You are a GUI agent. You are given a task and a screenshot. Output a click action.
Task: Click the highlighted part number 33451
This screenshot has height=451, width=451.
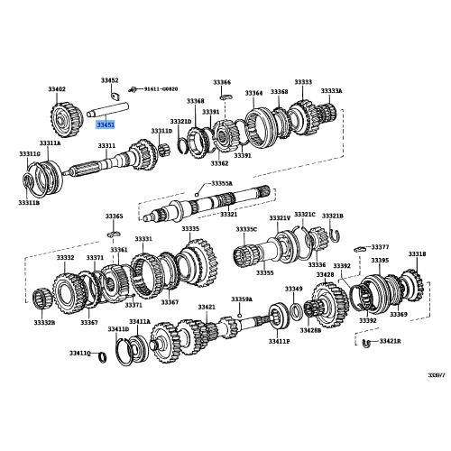(x=106, y=127)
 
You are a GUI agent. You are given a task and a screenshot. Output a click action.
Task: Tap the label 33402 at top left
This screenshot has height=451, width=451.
(x=56, y=89)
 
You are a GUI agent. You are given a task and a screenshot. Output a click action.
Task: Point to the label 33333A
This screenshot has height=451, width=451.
(x=332, y=91)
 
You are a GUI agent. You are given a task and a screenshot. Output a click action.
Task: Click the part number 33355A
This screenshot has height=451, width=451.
(x=221, y=183)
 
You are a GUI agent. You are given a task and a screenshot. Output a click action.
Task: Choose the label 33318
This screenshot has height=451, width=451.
(x=416, y=254)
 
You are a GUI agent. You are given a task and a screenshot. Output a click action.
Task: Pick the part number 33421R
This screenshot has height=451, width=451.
(x=390, y=343)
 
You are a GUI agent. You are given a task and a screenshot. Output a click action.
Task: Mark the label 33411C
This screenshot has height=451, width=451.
(x=81, y=353)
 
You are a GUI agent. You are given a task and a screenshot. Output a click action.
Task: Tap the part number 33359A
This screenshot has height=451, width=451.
(x=241, y=299)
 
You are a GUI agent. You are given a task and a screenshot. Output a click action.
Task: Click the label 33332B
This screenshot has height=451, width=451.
(x=44, y=322)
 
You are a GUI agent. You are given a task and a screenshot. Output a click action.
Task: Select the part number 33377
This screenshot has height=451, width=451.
(x=380, y=246)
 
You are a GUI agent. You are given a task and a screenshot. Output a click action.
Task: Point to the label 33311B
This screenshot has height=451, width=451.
(x=29, y=203)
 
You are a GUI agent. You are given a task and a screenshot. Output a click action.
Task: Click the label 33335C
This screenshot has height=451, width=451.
(x=246, y=229)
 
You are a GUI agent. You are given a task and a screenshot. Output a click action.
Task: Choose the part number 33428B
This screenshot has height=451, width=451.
(x=310, y=343)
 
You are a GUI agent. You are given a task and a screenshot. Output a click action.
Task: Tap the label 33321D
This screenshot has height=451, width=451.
(x=180, y=121)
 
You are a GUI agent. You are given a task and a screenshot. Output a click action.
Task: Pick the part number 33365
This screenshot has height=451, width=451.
(x=114, y=216)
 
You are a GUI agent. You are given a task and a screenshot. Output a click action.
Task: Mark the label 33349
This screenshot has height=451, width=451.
(x=293, y=289)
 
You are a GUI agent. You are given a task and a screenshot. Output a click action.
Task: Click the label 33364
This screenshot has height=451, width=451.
(x=253, y=92)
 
